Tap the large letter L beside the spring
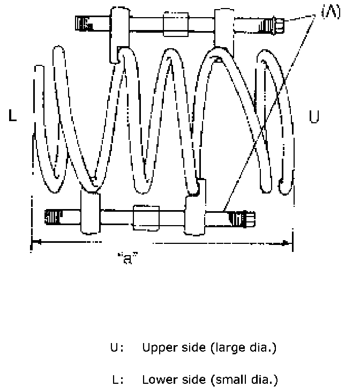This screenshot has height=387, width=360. (x=13, y=116)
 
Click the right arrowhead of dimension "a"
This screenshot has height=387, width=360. (x=287, y=244)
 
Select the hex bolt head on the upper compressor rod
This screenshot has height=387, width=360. (x=274, y=24)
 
